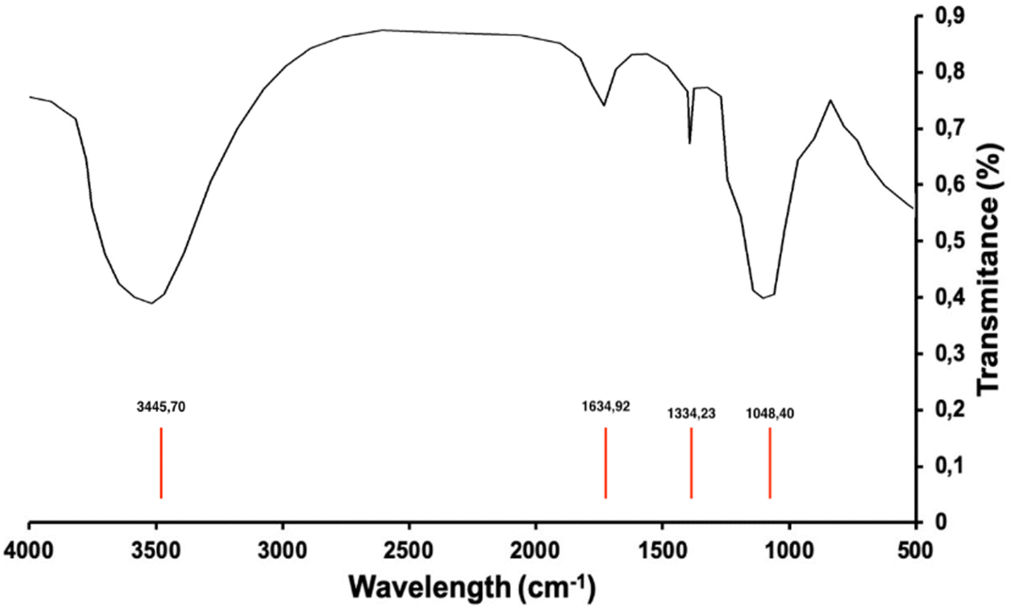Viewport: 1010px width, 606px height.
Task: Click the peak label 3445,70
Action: pos(161,407)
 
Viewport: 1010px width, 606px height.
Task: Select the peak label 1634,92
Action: pos(605,407)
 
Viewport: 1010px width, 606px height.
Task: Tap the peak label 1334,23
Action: pos(691,414)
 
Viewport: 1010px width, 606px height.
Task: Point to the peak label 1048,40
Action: pos(769,414)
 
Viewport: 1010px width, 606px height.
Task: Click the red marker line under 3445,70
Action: pos(161,463)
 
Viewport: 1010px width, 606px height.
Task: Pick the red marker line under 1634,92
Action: pos(605,463)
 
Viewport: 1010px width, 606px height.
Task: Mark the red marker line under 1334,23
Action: pos(691,463)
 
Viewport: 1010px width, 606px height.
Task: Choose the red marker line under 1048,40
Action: pos(769,463)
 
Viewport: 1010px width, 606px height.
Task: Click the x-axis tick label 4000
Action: pos(29,550)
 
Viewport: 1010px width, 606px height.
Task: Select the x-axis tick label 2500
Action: pos(409,550)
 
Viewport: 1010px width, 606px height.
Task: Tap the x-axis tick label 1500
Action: pos(662,550)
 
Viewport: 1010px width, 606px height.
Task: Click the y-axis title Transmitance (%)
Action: pos(990,269)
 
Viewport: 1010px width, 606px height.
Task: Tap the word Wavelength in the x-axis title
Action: pos(429,586)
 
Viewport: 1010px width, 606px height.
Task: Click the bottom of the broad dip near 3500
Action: pos(152,303)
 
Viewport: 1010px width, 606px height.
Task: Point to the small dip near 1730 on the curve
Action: pos(604,105)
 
